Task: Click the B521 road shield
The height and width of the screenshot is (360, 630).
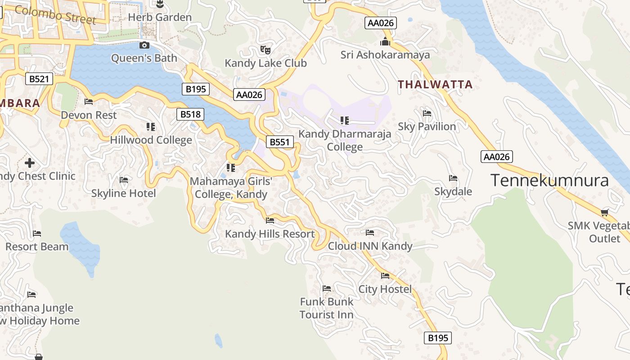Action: [39, 79]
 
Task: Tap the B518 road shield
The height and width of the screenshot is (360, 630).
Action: [190, 114]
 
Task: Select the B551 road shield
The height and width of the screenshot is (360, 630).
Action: [279, 142]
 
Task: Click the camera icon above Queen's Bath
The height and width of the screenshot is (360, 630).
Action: [144, 45]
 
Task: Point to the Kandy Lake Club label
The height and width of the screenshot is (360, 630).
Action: [265, 63]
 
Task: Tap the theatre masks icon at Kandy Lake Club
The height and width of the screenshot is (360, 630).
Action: [265, 50]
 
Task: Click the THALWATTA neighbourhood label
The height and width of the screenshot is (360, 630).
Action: [435, 85]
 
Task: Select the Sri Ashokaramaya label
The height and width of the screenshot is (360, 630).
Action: [385, 55]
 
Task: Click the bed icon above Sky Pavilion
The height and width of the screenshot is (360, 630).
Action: [427, 113]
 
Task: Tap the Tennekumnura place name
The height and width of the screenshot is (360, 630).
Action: [549, 180]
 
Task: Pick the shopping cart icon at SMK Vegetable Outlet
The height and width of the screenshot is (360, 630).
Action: [605, 212]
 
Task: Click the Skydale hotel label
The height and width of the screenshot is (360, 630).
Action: [453, 192]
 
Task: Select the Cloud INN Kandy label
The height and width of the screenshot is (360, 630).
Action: [370, 246]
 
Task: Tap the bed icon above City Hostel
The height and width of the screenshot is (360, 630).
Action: [385, 275]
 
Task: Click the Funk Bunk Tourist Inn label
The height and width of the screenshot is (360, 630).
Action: [327, 308]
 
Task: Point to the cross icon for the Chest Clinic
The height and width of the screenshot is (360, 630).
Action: [30, 162]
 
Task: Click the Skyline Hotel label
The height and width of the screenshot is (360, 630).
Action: [123, 193]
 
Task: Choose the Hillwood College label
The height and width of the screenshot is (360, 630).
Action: [151, 140]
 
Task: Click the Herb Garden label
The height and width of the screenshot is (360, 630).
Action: [160, 18]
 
